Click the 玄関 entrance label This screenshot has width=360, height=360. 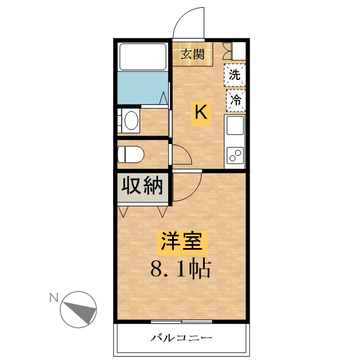[x=192, y=54]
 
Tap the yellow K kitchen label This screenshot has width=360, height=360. [x=201, y=114]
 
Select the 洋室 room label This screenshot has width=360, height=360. [x=182, y=242]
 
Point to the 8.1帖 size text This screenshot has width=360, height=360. [x=181, y=269]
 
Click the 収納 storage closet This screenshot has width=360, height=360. [x=142, y=186]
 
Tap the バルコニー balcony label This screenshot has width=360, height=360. [x=181, y=338]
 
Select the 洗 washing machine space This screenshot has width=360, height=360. [x=235, y=75]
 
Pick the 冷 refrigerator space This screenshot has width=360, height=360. [x=236, y=100]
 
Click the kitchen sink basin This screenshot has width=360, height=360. [x=235, y=125]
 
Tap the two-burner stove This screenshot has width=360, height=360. [x=235, y=155]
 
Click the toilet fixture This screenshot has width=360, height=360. [x=130, y=155]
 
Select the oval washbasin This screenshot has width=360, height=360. [x=131, y=120]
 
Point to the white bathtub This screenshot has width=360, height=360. [x=142, y=56]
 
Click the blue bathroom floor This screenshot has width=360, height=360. [x=142, y=88]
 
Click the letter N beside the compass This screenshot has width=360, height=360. [x=54, y=298]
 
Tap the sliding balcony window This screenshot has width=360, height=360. [x=181, y=322]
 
